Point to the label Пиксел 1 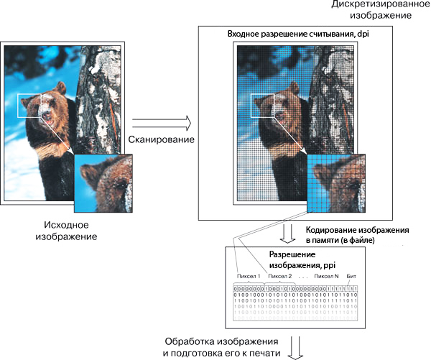tap(249, 276)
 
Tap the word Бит tap(351, 276)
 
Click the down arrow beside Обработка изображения tap(294, 349)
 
